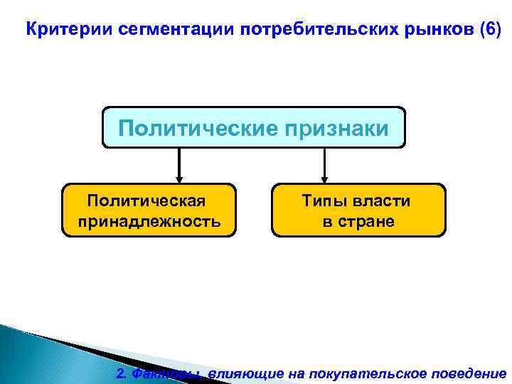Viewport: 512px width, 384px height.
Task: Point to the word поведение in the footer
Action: [469, 373]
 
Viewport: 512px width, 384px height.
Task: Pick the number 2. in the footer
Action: [122, 373]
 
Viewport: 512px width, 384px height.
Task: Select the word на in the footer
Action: [278, 373]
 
